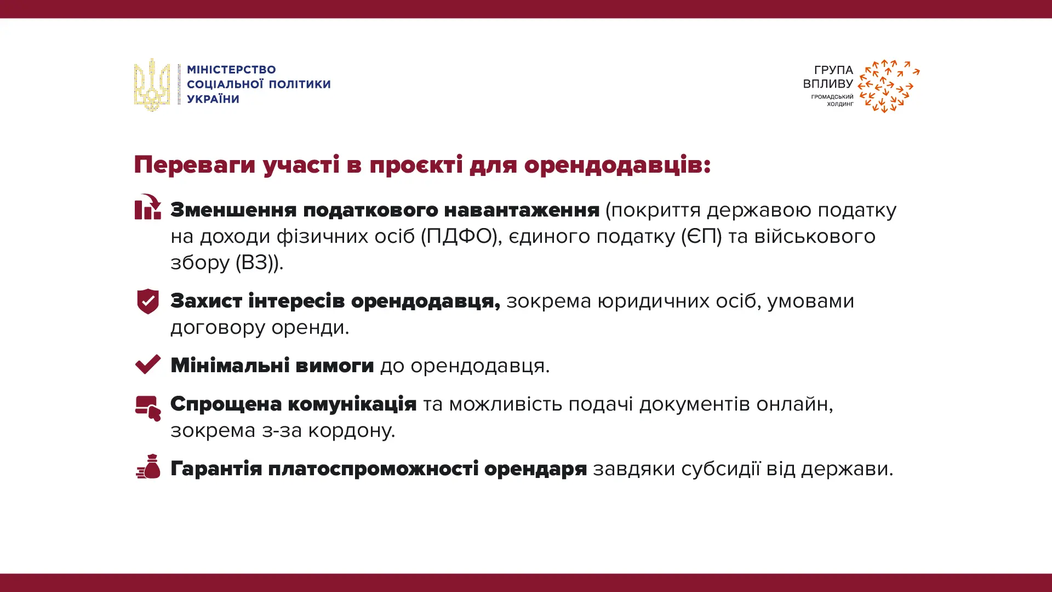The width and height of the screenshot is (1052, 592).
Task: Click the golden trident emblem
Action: [152, 85]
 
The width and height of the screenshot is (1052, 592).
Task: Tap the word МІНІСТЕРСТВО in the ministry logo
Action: [231, 70]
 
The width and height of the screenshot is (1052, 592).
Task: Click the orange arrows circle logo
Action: [889, 86]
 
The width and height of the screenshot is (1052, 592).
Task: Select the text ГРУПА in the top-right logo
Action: [833, 70]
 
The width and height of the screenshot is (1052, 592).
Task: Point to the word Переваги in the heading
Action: [195, 165]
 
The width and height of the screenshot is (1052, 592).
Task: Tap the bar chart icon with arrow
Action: [148, 207]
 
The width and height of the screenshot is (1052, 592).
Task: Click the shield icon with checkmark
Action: [148, 301]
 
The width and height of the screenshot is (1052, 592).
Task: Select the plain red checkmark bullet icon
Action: [148, 365]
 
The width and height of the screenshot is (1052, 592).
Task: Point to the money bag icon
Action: [148, 466]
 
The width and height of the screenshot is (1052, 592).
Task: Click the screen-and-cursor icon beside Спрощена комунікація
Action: [148, 408]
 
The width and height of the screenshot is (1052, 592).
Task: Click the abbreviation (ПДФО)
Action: [459, 237]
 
